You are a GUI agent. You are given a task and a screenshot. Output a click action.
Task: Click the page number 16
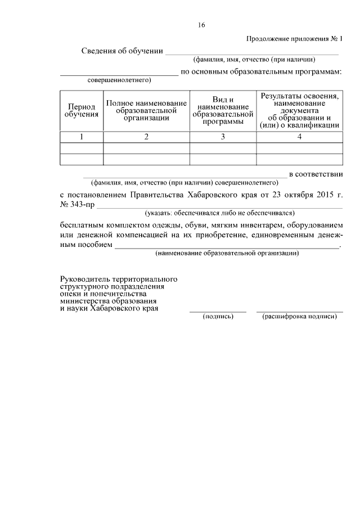tap(201, 25)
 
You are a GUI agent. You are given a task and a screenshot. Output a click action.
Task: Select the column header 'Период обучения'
tap(81, 110)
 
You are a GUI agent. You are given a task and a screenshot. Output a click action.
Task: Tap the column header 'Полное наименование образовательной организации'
tap(146, 110)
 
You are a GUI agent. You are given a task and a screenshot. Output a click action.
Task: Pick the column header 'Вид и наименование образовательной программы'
tap(223, 110)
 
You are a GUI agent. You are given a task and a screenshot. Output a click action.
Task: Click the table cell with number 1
tap(81, 137)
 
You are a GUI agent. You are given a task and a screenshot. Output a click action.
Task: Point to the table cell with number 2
tap(146, 137)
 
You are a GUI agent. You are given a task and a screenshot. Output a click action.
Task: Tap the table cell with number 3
tap(223, 137)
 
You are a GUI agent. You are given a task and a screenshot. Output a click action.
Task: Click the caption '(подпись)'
tap(218, 317)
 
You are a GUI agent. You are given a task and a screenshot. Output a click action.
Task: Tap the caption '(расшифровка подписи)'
tap(299, 317)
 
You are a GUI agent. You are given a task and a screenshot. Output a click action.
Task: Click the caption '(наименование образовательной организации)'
tap(227, 254)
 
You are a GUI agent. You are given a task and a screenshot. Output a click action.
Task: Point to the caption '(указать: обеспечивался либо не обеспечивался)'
tap(219, 213)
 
